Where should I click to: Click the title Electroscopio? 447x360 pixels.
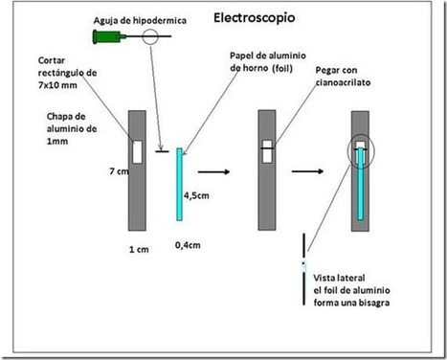coord(253,17)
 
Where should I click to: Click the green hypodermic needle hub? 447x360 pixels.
coord(101,37)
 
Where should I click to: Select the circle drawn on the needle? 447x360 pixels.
coord(149,38)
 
